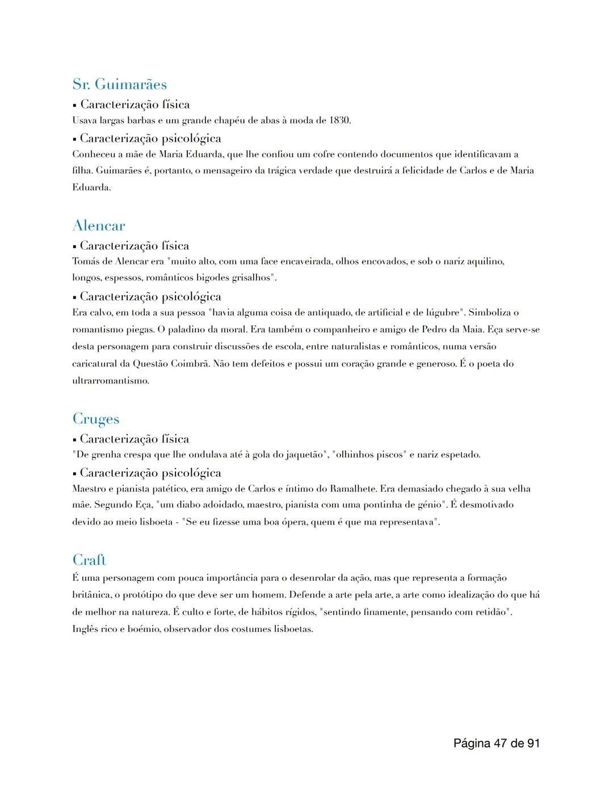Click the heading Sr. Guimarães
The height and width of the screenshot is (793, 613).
(x=119, y=85)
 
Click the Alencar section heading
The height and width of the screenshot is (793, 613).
(x=99, y=226)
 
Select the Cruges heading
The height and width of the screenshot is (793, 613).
(x=96, y=419)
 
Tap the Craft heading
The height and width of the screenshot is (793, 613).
(x=90, y=560)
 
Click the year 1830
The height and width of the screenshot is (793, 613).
(x=339, y=120)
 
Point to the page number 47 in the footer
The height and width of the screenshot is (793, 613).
(x=501, y=743)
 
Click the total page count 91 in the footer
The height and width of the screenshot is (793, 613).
(x=532, y=743)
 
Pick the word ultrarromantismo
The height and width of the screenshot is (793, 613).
(x=111, y=380)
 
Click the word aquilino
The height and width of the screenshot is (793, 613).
(x=483, y=262)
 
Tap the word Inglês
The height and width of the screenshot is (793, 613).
(x=85, y=630)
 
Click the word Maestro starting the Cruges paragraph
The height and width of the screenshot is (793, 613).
(x=90, y=489)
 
